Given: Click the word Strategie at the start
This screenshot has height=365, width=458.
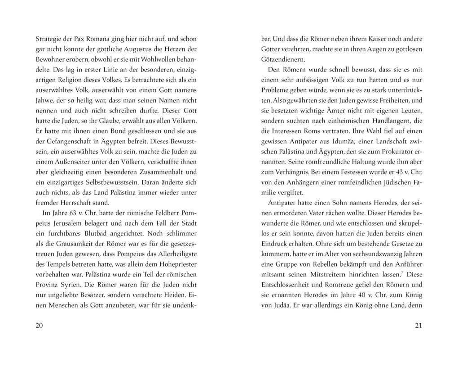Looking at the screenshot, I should [48, 39].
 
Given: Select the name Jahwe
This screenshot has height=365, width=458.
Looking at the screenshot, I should [44, 101].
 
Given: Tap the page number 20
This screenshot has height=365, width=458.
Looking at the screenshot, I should [39, 326].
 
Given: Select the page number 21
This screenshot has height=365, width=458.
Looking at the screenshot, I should [418, 326].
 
